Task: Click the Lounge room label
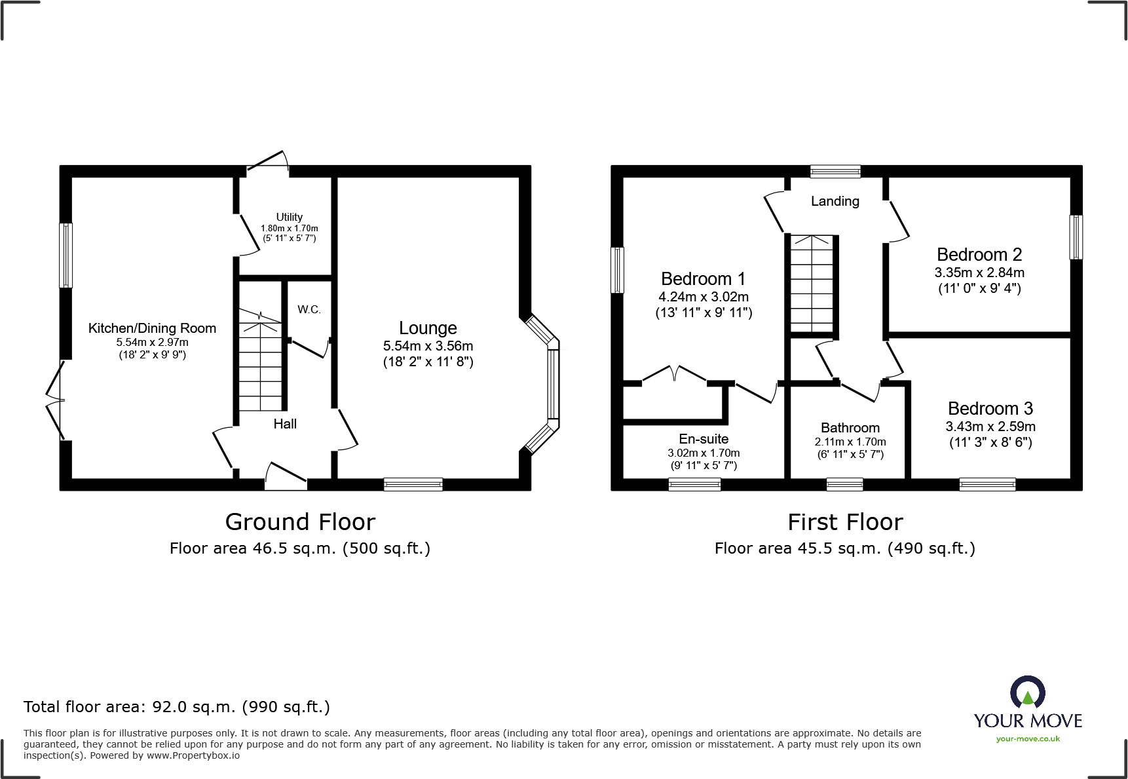(x=428, y=328)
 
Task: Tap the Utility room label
(x=289, y=217)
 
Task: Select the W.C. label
(x=309, y=309)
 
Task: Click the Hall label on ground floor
(x=285, y=424)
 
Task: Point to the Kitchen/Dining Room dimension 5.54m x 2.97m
(x=152, y=342)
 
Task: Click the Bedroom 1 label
(x=703, y=279)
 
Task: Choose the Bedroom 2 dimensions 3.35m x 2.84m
(x=979, y=273)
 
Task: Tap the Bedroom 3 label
(x=990, y=409)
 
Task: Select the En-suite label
(x=704, y=439)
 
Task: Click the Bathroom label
(x=850, y=428)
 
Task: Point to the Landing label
(x=835, y=201)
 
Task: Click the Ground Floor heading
(x=300, y=522)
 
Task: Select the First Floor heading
(x=845, y=522)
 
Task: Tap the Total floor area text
(x=177, y=707)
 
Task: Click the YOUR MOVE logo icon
(x=1027, y=693)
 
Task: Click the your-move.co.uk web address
(x=1027, y=739)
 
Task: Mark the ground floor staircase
(x=260, y=360)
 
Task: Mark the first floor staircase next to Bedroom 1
(x=812, y=284)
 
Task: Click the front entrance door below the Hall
(x=286, y=477)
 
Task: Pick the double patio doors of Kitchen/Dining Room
(x=56, y=400)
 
